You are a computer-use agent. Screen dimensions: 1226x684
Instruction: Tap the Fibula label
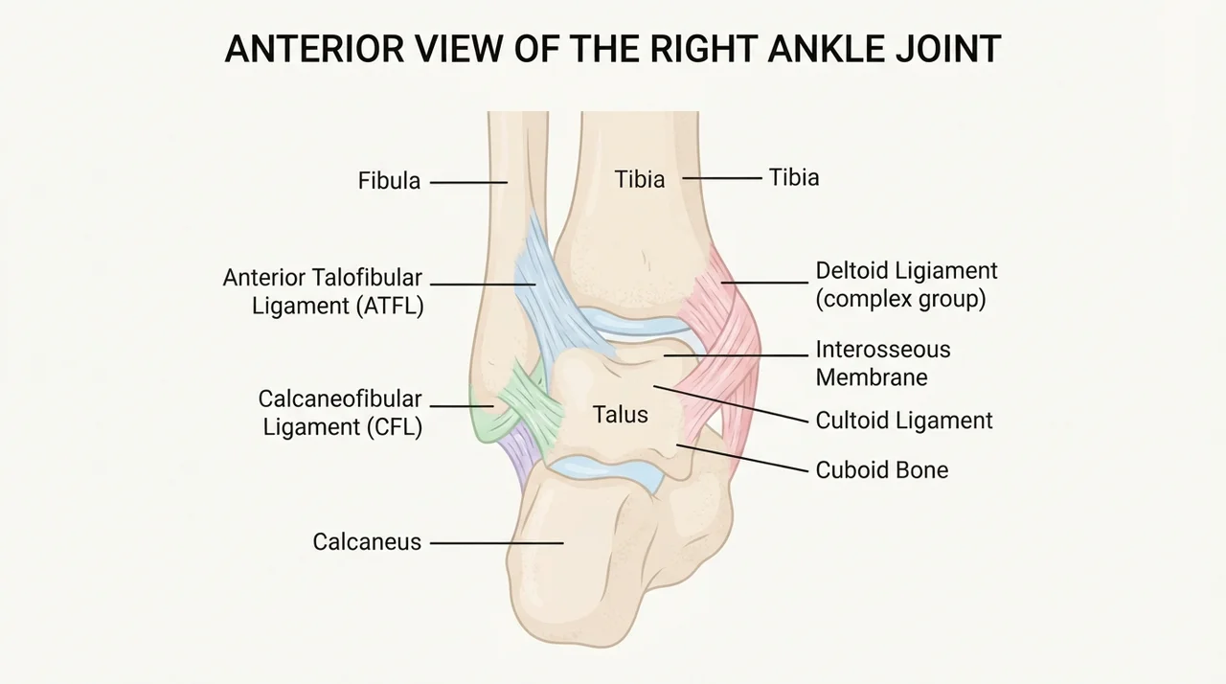(389, 181)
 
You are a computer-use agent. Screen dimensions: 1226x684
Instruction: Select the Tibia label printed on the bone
(639, 179)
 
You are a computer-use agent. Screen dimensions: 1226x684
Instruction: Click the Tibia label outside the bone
(794, 178)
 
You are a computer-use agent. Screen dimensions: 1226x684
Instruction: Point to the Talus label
(621, 415)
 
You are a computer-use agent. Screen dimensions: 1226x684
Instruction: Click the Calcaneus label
(367, 542)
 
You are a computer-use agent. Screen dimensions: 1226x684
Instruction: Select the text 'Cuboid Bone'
(882, 470)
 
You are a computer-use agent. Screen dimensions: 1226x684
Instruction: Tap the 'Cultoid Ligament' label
(904, 421)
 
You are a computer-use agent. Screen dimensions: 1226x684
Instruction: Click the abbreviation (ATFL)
(390, 306)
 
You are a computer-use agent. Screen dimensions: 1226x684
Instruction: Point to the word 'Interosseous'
(883, 350)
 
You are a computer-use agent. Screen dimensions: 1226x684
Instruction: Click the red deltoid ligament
(722, 351)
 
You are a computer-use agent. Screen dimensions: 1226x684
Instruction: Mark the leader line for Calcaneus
(497, 543)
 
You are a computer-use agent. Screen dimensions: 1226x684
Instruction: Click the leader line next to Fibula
(469, 182)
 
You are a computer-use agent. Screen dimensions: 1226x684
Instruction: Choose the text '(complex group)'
(901, 299)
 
